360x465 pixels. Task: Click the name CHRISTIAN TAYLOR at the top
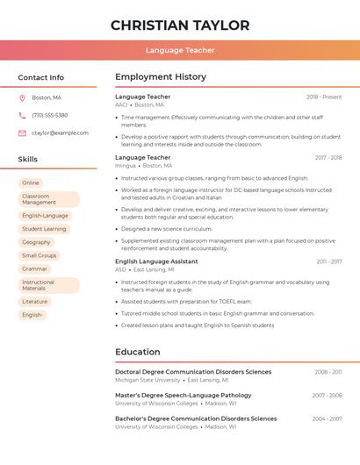coord(180,25)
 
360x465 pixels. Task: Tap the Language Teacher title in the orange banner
coord(180,51)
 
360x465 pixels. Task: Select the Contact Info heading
coord(41,77)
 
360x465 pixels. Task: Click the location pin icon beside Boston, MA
coord(22,97)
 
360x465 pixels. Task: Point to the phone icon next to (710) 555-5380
coord(22,115)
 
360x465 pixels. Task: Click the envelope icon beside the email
coord(22,133)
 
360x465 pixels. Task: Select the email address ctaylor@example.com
coord(60,133)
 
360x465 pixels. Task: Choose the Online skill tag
coord(31,182)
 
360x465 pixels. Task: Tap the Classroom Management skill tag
coord(49,199)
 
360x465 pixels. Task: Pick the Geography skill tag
coord(36,242)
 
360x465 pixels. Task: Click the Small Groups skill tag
coord(39,255)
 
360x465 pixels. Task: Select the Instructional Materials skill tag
coord(49,285)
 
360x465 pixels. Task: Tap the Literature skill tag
coord(34,301)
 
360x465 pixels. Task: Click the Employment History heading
coord(161,77)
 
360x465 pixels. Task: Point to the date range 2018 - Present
coord(324,97)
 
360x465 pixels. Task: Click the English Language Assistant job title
coord(156,261)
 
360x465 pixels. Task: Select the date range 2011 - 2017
coord(329,261)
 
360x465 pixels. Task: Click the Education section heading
coord(137,352)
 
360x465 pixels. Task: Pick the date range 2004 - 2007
coord(327,418)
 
